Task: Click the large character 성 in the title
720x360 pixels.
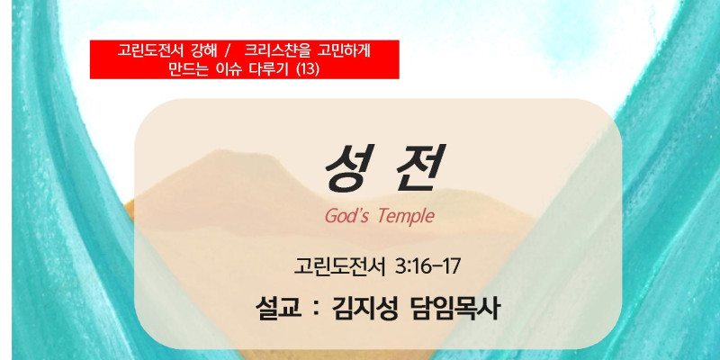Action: pos(349,167)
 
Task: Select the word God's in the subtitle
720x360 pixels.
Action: pos(346,216)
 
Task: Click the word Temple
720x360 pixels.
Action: pos(407,217)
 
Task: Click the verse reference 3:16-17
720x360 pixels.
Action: pos(427,267)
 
